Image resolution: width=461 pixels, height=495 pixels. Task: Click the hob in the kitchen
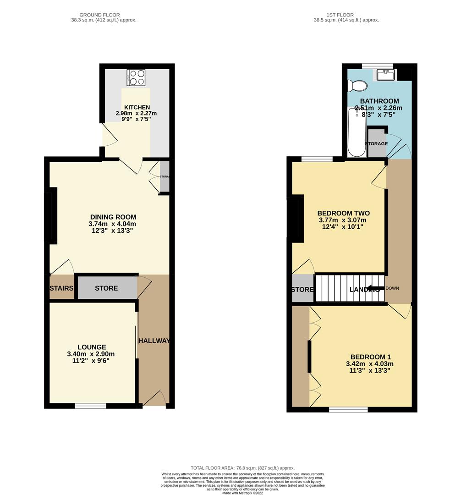[136, 77]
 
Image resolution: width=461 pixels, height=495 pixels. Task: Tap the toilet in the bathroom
[357, 86]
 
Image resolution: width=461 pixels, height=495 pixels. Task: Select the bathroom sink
[384, 74]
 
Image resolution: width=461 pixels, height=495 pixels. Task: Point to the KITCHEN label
[132, 107]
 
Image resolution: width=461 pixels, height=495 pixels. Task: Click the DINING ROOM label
[113, 217]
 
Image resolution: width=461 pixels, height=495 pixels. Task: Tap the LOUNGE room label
[92, 347]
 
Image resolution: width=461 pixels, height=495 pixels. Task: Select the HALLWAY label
[154, 341]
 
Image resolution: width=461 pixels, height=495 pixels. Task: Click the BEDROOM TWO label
[343, 214]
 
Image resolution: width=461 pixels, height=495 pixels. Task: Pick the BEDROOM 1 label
[371, 357]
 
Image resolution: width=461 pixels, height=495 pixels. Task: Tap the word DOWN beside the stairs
[393, 288]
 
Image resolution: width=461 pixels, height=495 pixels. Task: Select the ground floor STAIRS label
[61, 288]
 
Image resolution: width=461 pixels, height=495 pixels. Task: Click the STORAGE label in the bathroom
[376, 144]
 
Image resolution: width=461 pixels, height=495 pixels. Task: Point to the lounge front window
[91, 406]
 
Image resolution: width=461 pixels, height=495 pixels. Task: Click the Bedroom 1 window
[348, 409]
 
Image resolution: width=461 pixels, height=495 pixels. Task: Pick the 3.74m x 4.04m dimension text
[113, 224]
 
